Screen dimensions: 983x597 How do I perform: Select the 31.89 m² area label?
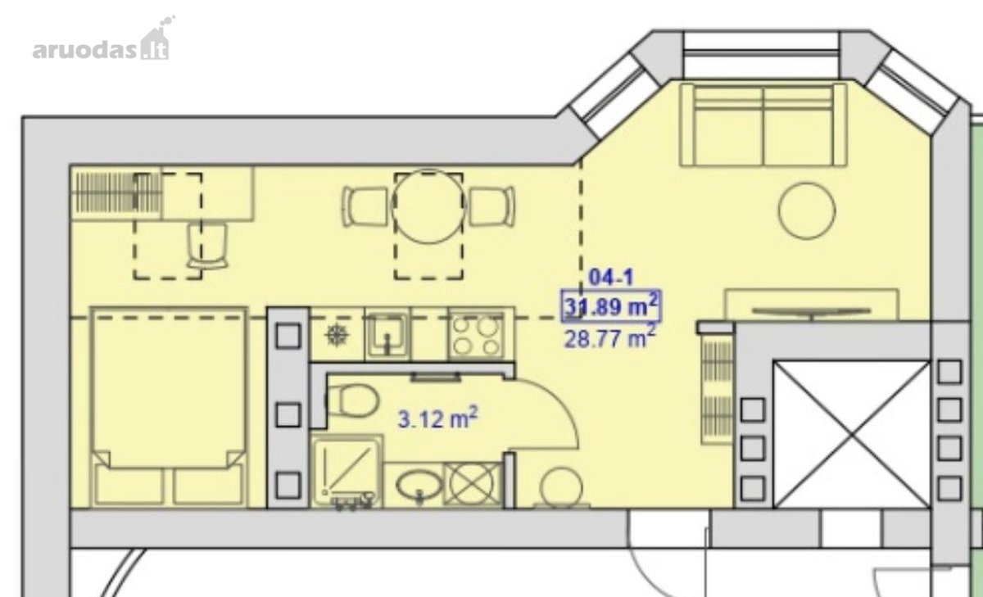(611, 305)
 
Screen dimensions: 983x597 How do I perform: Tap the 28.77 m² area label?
(610, 337)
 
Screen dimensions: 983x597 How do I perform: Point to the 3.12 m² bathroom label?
(438, 418)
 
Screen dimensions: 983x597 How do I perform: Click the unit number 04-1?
(611, 278)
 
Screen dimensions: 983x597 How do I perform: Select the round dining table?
(428, 206)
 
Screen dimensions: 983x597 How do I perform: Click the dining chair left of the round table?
(365, 206)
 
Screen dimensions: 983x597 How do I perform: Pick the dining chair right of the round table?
(491, 206)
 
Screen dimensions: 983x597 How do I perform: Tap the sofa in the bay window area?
(763, 125)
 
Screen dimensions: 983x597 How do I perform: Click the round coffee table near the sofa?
(807, 211)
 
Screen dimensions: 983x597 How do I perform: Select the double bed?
(168, 407)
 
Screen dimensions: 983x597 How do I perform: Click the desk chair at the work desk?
(207, 246)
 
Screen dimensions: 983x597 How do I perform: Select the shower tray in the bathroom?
(347, 472)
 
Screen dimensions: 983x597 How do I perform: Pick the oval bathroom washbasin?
(419, 485)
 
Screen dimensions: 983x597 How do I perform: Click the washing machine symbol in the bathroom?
(472, 484)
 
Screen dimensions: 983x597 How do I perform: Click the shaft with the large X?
(852, 435)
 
